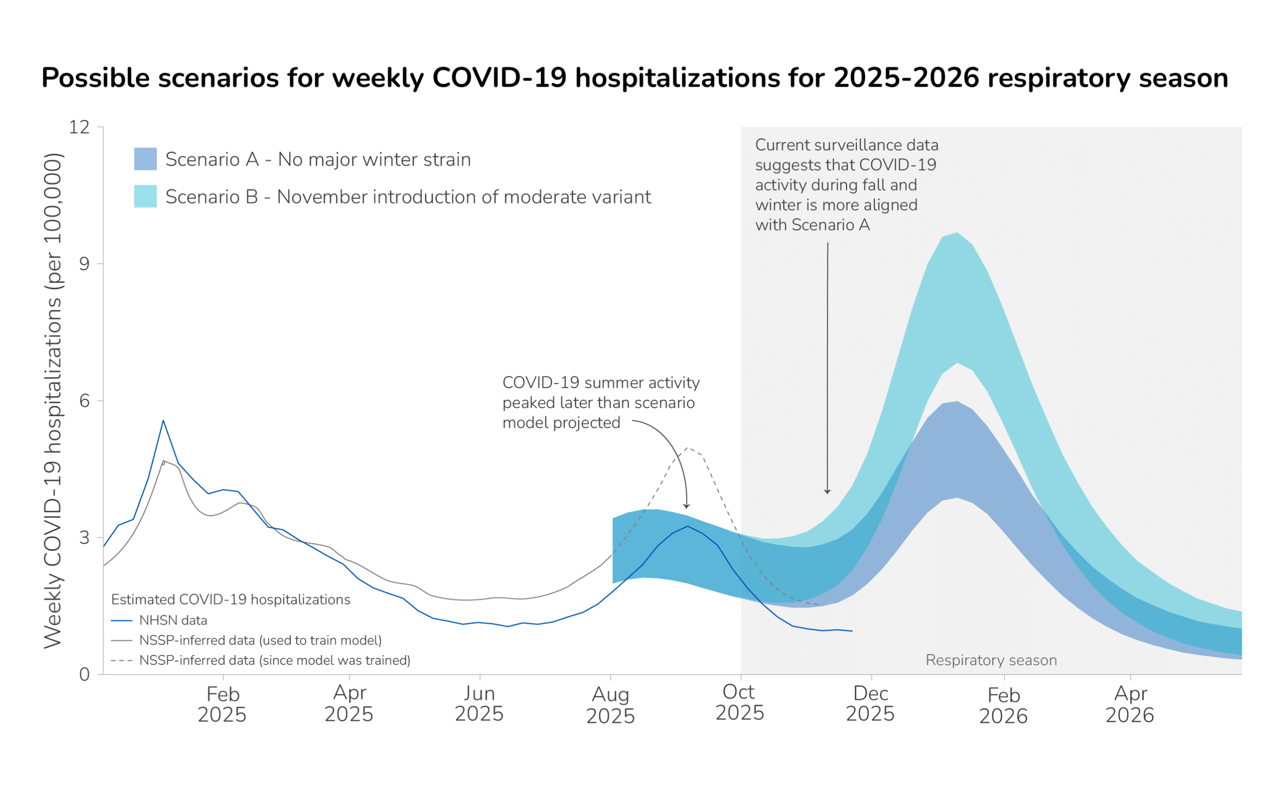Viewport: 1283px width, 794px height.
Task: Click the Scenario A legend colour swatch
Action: (145, 159)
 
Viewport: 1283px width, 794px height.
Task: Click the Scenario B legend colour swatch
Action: (145, 196)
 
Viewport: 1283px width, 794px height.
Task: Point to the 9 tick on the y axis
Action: (85, 264)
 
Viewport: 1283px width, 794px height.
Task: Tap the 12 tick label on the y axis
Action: (79, 127)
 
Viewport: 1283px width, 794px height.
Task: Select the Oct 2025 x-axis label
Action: (740, 703)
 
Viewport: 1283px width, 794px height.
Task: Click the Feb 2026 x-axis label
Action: (1003, 705)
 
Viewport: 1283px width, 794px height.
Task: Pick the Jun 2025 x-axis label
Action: (479, 704)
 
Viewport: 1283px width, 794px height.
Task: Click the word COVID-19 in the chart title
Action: (499, 78)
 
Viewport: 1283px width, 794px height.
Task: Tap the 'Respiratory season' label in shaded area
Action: (991, 660)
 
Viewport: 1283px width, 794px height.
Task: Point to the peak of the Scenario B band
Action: (958, 233)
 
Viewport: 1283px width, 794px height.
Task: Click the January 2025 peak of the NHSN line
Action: (163, 421)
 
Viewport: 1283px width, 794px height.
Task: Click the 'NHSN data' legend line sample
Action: (121, 621)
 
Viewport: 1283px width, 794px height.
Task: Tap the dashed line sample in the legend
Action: (121, 661)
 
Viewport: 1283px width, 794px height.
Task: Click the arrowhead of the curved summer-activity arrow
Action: (687, 507)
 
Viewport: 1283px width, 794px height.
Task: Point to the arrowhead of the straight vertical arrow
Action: (827, 492)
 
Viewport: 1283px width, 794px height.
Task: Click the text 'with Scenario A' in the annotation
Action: (812, 225)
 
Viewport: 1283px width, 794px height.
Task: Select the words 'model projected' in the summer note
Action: (561, 423)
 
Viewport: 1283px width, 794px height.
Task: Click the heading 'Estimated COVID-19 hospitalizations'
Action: (231, 600)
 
